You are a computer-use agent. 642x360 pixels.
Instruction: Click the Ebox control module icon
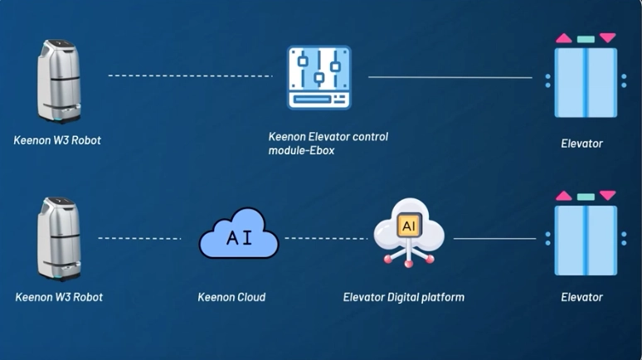[x=319, y=77]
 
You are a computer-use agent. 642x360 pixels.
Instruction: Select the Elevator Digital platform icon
[x=409, y=232]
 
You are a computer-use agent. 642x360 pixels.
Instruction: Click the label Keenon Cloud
[x=231, y=297]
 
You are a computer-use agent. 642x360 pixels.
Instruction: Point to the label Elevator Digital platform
[x=403, y=297]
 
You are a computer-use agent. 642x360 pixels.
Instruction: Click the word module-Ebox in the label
[x=301, y=151]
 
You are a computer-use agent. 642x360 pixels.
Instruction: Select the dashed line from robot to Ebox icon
[x=190, y=76]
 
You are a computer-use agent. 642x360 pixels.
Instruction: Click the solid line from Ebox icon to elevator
[x=450, y=77]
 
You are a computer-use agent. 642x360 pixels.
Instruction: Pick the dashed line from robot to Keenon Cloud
[x=139, y=239]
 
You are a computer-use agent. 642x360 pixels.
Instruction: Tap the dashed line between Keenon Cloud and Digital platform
[x=326, y=239]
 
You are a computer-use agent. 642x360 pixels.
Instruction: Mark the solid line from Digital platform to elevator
[x=494, y=239]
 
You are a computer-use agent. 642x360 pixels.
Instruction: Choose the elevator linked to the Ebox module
[x=586, y=81]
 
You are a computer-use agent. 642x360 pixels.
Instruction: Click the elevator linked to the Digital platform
[x=586, y=239]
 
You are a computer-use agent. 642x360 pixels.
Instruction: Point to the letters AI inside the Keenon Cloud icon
[x=239, y=238]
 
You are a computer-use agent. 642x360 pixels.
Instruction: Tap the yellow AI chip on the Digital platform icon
[x=409, y=226]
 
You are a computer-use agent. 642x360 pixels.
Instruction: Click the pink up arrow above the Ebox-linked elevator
[x=564, y=38]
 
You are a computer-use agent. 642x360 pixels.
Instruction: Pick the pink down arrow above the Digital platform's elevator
[x=608, y=196]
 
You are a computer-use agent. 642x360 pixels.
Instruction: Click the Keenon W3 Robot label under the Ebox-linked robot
[x=57, y=140]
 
